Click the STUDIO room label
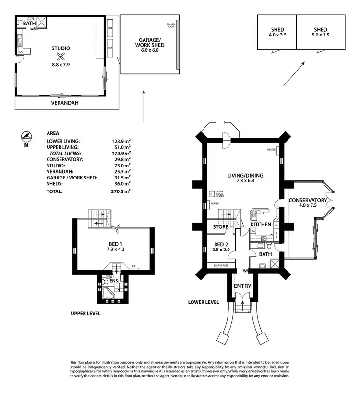[x=61, y=48]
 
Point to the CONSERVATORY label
[x=308, y=200]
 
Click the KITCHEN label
[x=261, y=225]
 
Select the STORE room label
[x=221, y=227]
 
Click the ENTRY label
[x=242, y=286]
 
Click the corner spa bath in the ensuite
[x=109, y=292]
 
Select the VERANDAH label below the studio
[x=65, y=103]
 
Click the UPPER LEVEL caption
[x=85, y=314]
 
